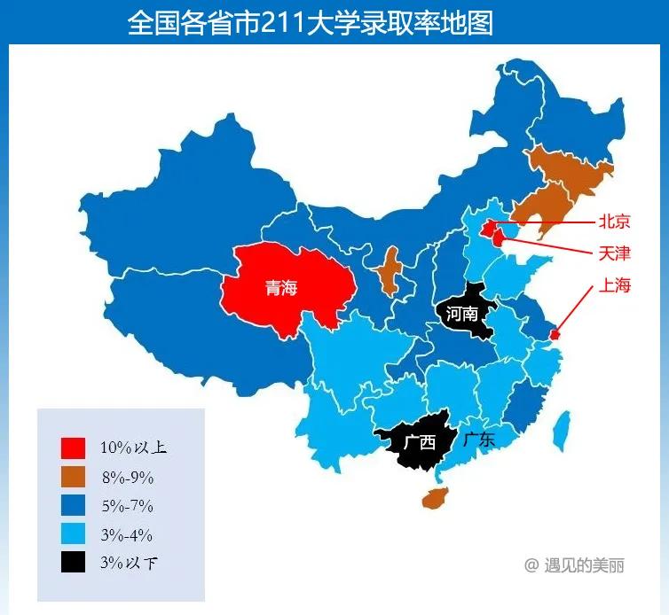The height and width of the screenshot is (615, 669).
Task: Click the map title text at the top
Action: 310,22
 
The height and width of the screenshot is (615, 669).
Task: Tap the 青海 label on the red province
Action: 281,288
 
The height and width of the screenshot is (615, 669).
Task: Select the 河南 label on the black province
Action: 462,314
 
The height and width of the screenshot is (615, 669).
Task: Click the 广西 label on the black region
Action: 419,441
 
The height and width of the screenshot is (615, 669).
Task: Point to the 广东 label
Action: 479,439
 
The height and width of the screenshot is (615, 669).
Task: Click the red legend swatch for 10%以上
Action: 74,448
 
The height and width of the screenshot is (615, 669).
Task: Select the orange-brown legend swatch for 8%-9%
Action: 74,478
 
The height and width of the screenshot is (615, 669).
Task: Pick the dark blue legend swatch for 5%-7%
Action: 74,506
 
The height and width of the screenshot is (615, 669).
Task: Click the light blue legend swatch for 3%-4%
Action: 74,534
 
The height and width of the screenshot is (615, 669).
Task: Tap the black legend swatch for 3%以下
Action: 74,563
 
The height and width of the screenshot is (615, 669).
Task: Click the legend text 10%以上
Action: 133,448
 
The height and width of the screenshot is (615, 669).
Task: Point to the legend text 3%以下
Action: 133,563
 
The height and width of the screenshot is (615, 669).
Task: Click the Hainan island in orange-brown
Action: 435,499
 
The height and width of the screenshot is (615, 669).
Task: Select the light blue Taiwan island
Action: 561,432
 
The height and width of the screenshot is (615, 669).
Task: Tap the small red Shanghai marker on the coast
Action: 555,335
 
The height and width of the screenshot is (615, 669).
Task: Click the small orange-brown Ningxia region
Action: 388,272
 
